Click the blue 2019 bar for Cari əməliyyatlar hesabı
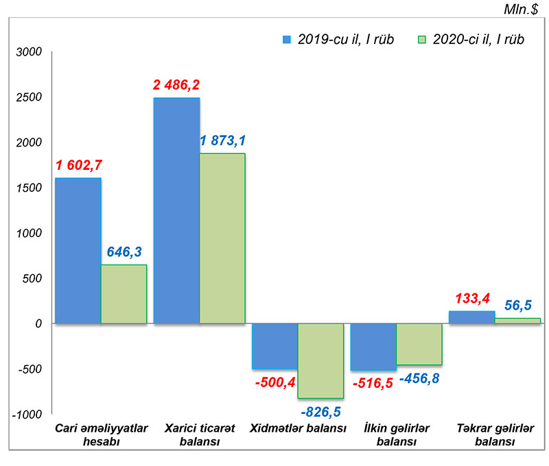pyautogui.click(x=78, y=251)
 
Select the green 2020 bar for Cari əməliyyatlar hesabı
pyautogui.click(x=124, y=294)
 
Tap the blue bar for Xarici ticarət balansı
pyautogui.click(x=176, y=210)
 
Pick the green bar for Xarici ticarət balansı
pyautogui.click(x=222, y=238)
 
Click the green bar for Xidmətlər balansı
pyautogui.click(x=320, y=360)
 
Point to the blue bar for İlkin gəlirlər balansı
pyautogui.click(x=373, y=347)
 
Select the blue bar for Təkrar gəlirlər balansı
pyautogui.click(x=472, y=317)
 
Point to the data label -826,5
pyautogui.click(x=320, y=411)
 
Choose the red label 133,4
pyautogui.click(x=471, y=299)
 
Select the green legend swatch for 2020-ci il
pyautogui.click(x=422, y=39)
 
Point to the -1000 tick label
pyautogui.click(x=27, y=414)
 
